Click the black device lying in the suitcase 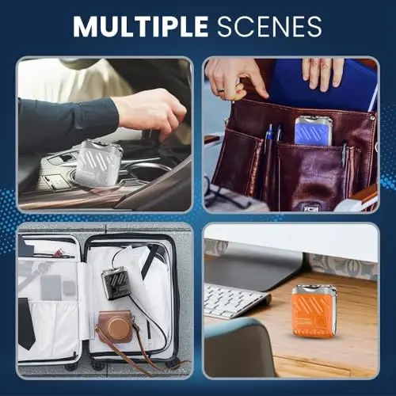click(x=116, y=282)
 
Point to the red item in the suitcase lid click(x=60, y=253)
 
